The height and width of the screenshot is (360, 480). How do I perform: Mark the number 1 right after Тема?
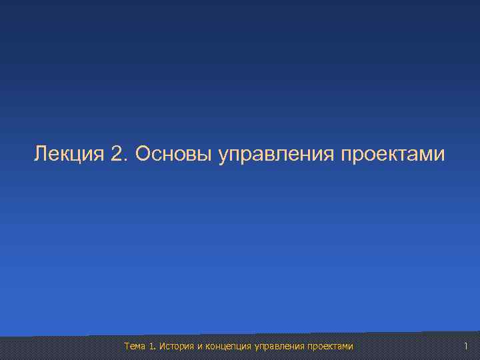(151, 346)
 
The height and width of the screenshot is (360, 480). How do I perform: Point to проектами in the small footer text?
(330, 346)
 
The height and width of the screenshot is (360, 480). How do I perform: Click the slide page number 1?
(466, 345)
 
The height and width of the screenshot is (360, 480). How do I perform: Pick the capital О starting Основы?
(142, 155)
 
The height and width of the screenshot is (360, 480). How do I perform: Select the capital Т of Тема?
(127, 346)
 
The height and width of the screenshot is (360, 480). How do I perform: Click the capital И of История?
(163, 346)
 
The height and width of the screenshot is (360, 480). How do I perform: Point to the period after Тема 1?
(155, 349)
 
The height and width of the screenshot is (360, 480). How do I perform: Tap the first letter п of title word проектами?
(346, 156)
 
